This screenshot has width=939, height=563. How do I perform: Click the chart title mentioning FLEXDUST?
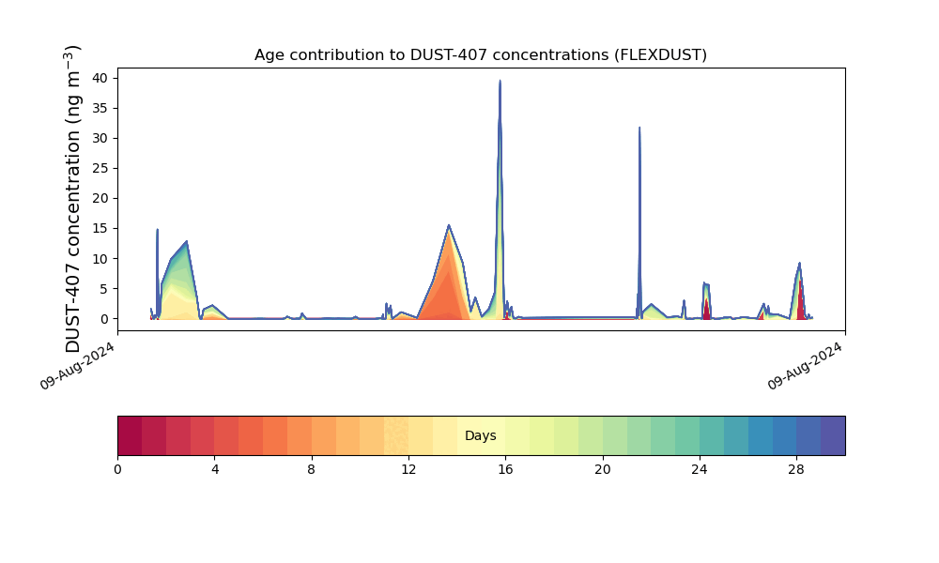pos(480,55)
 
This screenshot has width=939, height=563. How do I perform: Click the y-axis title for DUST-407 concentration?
pos(72,199)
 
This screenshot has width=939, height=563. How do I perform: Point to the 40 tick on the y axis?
pos(100,79)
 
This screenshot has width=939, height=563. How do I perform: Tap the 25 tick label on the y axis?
pos(100,169)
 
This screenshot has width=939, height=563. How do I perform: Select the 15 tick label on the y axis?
pos(100,229)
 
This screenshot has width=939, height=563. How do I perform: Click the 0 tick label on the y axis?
pos(105,319)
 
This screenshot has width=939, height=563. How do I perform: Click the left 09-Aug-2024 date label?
pos(77,366)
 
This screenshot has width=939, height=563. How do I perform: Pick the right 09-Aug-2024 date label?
pos(805,366)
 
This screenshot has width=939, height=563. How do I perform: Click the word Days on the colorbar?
pos(480,435)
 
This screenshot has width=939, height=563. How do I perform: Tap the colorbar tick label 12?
pos(408,470)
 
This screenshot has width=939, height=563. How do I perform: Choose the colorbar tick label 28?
pos(796,470)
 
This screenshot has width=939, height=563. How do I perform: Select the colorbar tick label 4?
pos(215,470)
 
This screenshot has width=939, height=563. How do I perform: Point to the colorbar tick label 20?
pos(603,470)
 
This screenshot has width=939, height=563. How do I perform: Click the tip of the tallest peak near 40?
pos(500,81)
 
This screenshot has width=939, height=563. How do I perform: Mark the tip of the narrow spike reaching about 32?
pos(639,128)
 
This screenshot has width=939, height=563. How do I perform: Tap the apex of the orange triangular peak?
pos(449,225)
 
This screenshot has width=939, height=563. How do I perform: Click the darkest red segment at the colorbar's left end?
pos(130,435)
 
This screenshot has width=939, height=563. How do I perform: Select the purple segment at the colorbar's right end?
pos(833,435)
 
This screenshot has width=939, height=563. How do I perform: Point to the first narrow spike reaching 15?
pos(157,230)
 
